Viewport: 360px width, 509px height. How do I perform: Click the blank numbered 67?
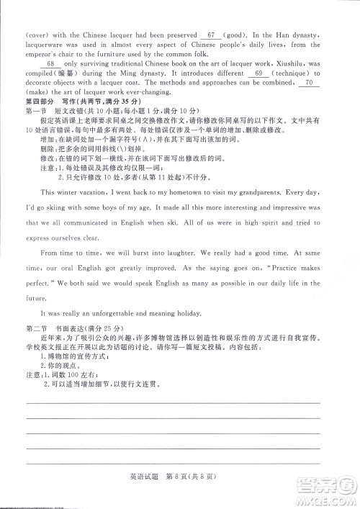[x=211, y=34]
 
